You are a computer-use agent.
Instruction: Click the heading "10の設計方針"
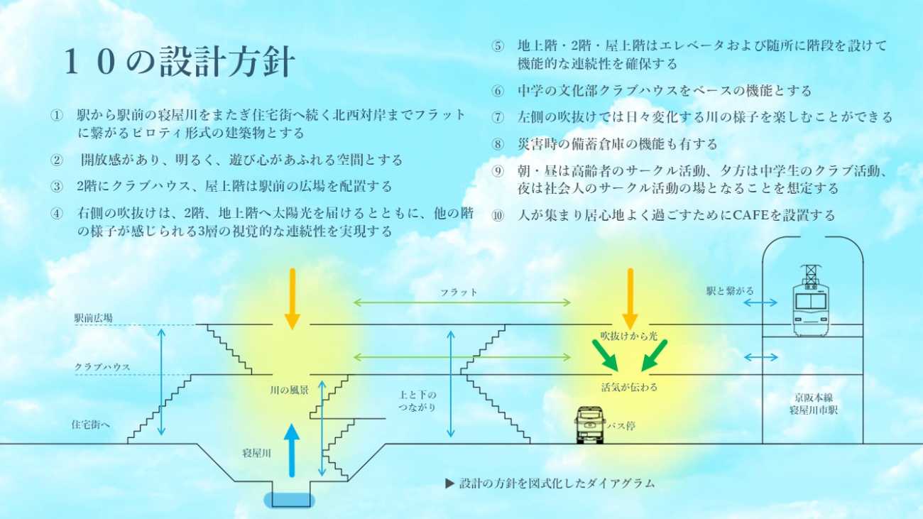tap(178, 63)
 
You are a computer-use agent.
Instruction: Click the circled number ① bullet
tap(57, 115)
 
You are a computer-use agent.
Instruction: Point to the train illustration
tap(810, 301)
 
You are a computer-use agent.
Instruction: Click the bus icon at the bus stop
tap(589, 425)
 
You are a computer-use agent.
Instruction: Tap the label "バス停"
tap(616, 427)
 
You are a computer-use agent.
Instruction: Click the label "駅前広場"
tap(94, 319)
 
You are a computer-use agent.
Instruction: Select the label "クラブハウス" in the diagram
tap(102, 367)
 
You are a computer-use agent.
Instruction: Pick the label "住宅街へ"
tap(91, 425)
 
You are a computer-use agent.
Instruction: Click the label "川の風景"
tap(289, 390)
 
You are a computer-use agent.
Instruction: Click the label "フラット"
tap(459, 292)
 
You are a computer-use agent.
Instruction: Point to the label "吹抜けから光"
tap(629, 336)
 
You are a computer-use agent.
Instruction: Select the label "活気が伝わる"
tap(629, 388)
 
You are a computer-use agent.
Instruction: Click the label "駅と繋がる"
tap(730, 291)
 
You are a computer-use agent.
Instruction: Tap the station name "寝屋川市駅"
tap(814, 410)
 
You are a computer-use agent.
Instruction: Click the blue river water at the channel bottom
tap(290, 500)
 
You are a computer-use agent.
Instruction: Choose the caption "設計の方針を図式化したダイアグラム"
tap(556, 484)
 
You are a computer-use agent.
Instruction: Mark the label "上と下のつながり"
tap(417, 401)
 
